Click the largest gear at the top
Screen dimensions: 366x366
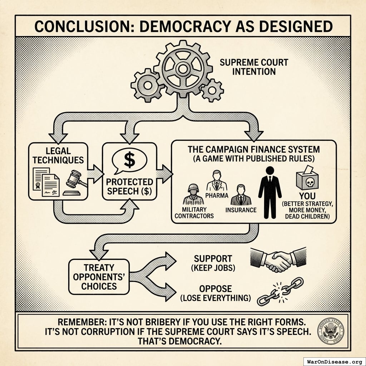pyautogui.click(x=183, y=68)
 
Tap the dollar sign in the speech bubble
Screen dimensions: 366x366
pyautogui.click(x=129, y=159)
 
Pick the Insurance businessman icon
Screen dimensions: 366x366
pyautogui.click(x=241, y=195)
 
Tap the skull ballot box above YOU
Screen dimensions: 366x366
pyautogui.click(x=307, y=178)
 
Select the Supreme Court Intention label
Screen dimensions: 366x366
pyautogui.click(x=254, y=67)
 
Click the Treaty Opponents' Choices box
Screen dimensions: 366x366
pyautogui.click(x=99, y=277)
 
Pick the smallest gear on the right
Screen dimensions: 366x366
pyautogui.click(x=212, y=90)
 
